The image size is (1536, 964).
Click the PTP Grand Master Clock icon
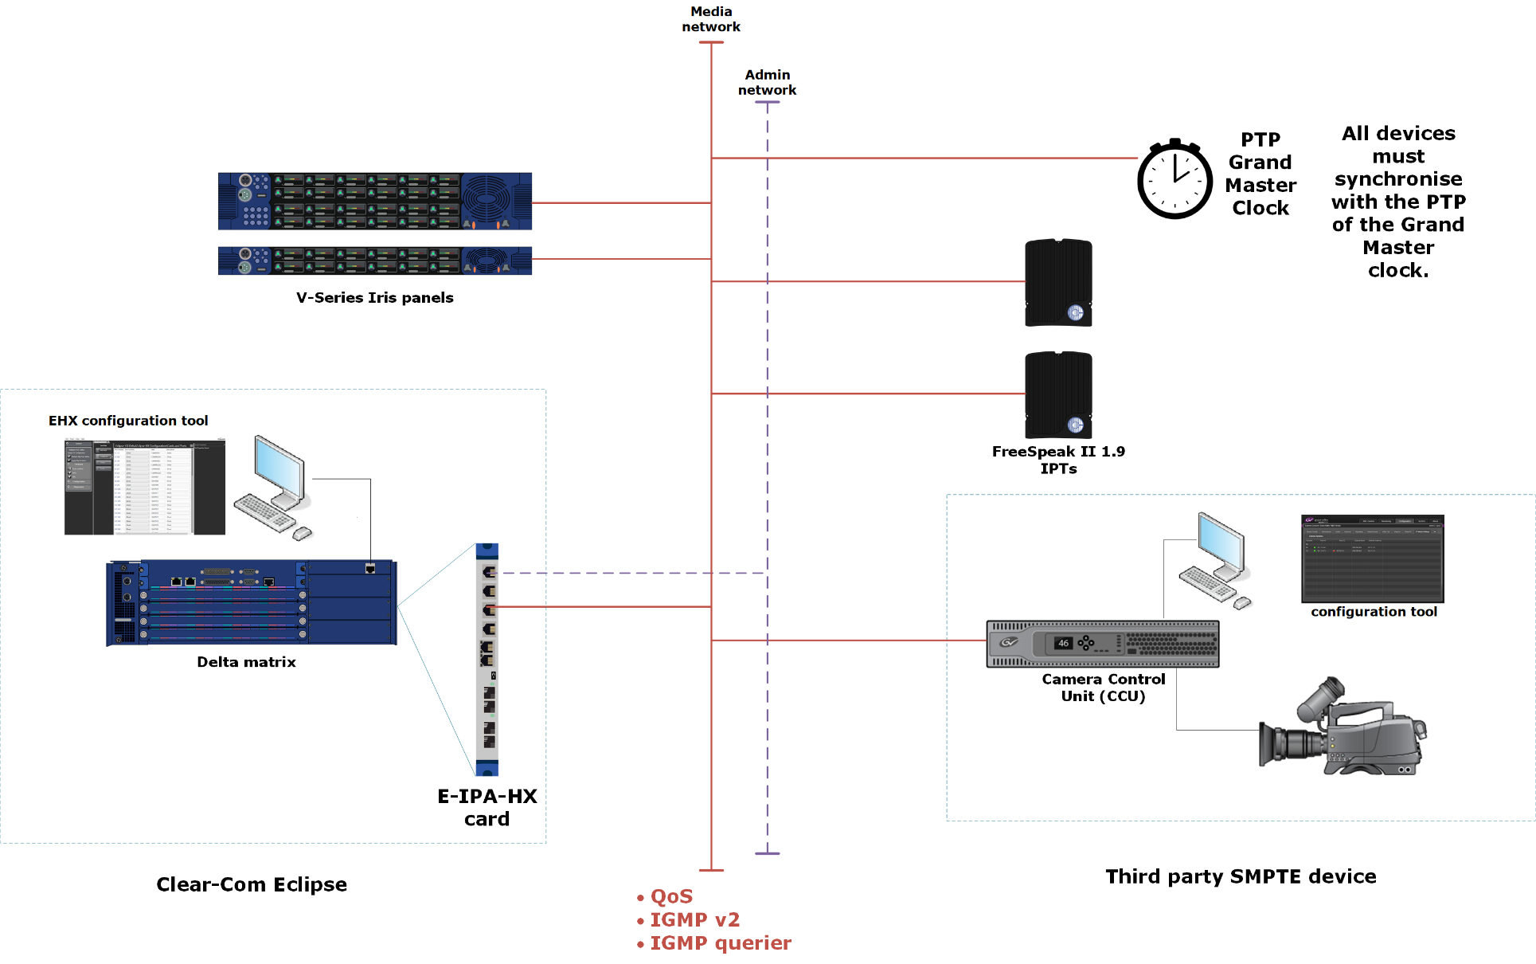click(x=1174, y=180)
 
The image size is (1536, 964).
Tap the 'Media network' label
click(x=711, y=19)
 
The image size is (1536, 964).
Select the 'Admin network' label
click(x=767, y=82)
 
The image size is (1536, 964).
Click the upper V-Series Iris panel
click(x=374, y=202)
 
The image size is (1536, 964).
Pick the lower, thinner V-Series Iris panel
click(x=374, y=261)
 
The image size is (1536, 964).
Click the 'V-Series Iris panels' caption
click(x=374, y=298)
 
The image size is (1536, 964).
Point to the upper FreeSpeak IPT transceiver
click(x=1058, y=283)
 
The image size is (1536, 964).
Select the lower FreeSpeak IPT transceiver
click(x=1058, y=395)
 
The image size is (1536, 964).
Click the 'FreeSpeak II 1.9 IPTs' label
click(x=1058, y=460)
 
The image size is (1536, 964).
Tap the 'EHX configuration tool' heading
click(x=128, y=421)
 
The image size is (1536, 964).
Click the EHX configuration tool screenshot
click(x=144, y=486)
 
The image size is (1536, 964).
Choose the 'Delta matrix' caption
click(x=246, y=662)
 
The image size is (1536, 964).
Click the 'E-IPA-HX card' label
click(x=487, y=807)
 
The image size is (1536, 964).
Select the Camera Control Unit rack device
click(x=1102, y=644)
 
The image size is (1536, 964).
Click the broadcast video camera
click(x=1343, y=729)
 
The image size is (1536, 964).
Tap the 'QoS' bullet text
click(x=671, y=897)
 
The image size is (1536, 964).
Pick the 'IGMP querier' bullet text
click(x=720, y=943)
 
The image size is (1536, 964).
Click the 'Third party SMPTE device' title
click(x=1241, y=876)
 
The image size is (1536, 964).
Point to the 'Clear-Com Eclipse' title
click(x=252, y=884)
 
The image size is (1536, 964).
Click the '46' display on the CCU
click(x=1063, y=643)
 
